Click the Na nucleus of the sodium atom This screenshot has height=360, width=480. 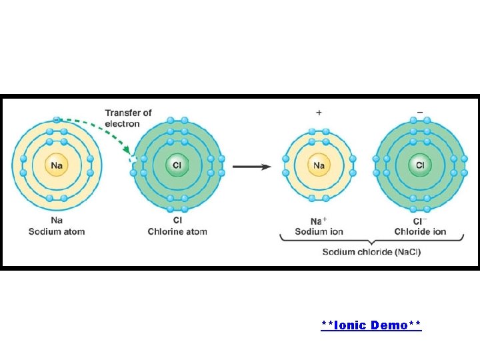click(57, 165)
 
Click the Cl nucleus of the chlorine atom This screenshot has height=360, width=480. click(177, 165)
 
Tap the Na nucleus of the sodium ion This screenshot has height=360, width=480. click(319, 165)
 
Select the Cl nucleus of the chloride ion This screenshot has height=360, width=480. click(420, 165)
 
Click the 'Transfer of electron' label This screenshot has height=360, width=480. click(128, 118)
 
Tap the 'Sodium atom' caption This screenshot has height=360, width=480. click(57, 231)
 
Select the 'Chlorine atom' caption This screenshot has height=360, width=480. click(177, 231)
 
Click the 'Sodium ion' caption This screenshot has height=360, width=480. click(319, 231)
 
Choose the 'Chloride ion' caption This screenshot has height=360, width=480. click(420, 231)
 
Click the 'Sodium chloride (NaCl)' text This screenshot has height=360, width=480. click(371, 252)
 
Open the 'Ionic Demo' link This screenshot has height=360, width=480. click(371, 325)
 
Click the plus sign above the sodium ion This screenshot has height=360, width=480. click(319, 113)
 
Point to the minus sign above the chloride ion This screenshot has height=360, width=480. click(420, 113)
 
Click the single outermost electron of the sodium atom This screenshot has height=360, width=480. click(57, 120)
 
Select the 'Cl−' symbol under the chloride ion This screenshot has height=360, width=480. click(420, 221)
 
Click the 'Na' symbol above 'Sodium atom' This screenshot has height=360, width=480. click(57, 221)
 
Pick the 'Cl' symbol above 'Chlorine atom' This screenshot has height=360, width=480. click(177, 221)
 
